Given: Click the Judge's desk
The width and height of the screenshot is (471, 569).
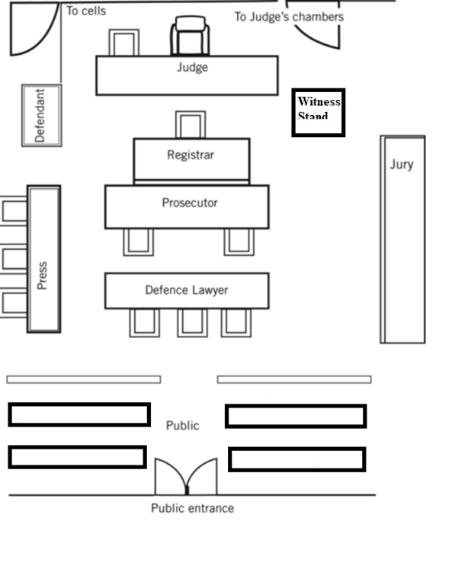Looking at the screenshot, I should click(x=187, y=75).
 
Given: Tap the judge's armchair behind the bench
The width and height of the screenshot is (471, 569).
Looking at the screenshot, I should click(x=190, y=37).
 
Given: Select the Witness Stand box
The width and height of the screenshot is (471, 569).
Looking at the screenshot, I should click(x=319, y=113).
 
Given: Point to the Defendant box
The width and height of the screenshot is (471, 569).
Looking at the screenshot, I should click(x=41, y=115).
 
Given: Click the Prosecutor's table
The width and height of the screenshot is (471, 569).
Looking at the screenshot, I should click(x=187, y=206).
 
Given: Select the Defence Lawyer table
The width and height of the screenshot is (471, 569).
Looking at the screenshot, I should click(x=187, y=290).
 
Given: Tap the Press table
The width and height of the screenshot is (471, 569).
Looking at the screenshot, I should click(x=43, y=259).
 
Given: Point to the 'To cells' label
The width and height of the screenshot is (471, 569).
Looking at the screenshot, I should click(x=86, y=11).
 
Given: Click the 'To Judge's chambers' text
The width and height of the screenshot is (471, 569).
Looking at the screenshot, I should click(x=288, y=16).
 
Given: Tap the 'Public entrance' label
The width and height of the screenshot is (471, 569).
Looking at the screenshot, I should click(x=192, y=508).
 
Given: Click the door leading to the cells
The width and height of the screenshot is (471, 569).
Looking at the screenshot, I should click(x=34, y=29).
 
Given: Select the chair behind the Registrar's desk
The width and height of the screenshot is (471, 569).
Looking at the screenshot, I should click(x=190, y=124).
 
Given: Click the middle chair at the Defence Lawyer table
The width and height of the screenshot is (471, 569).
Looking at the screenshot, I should click(x=192, y=322).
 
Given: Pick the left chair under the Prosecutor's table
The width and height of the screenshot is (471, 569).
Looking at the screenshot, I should click(x=138, y=241).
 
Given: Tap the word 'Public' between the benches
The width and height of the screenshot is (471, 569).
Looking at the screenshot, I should click(x=182, y=425).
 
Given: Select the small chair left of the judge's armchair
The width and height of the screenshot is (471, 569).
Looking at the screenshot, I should click(x=123, y=43).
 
